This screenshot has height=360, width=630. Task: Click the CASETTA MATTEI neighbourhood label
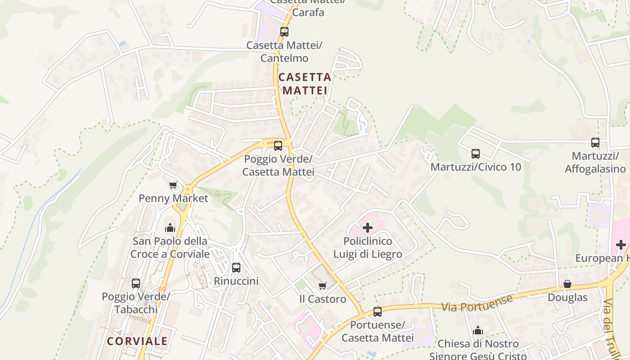[x=305, y=84]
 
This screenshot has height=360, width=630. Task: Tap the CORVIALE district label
[x=137, y=341]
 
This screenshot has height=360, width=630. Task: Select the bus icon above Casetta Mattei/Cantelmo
[x=284, y=32]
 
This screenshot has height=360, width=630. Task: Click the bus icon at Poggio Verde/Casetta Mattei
[x=278, y=146]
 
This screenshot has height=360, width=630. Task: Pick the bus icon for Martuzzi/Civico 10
[x=476, y=154]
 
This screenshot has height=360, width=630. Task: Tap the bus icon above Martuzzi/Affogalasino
[x=595, y=143]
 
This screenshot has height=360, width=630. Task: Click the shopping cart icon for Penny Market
[x=173, y=185]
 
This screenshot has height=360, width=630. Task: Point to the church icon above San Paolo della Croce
[x=170, y=228]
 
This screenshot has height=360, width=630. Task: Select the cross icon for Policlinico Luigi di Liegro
[x=368, y=228]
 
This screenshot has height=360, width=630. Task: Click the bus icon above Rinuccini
[x=236, y=268]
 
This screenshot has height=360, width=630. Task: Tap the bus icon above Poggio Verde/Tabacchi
[x=136, y=283]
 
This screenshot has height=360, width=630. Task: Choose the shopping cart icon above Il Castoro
[x=323, y=286]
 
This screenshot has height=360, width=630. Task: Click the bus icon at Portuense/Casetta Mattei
[x=378, y=312]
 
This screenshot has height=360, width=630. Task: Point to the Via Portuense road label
[x=477, y=303]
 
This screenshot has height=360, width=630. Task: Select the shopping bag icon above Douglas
[x=567, y=284]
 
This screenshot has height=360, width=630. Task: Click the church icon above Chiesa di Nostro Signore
[x=478, y=331]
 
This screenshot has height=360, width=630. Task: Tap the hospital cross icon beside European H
[x=621, y=245]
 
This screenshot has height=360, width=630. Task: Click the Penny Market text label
[x=173, y=198]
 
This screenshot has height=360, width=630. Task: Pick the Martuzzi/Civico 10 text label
[x=476, y=167]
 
